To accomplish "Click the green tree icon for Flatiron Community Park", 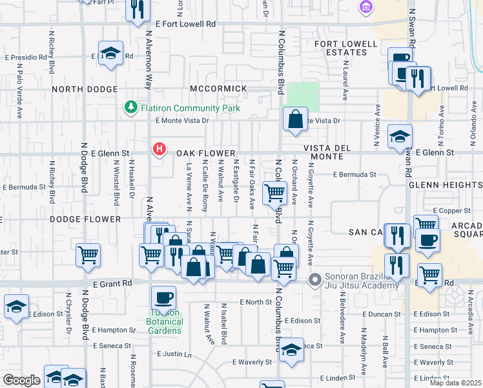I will tap(131, 106).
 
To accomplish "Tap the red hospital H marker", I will tap(158, 150).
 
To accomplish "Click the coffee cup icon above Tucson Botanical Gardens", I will tap(163, 298).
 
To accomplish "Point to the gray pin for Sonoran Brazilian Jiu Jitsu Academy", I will tap(315, 279).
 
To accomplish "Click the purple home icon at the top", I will tap(366, 7).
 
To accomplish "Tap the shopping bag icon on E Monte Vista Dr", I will tap(295, 119).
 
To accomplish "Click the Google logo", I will tap(21, 380).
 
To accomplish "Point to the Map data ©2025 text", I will tap(455, 383).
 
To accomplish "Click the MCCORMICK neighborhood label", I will tap(218, 88).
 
